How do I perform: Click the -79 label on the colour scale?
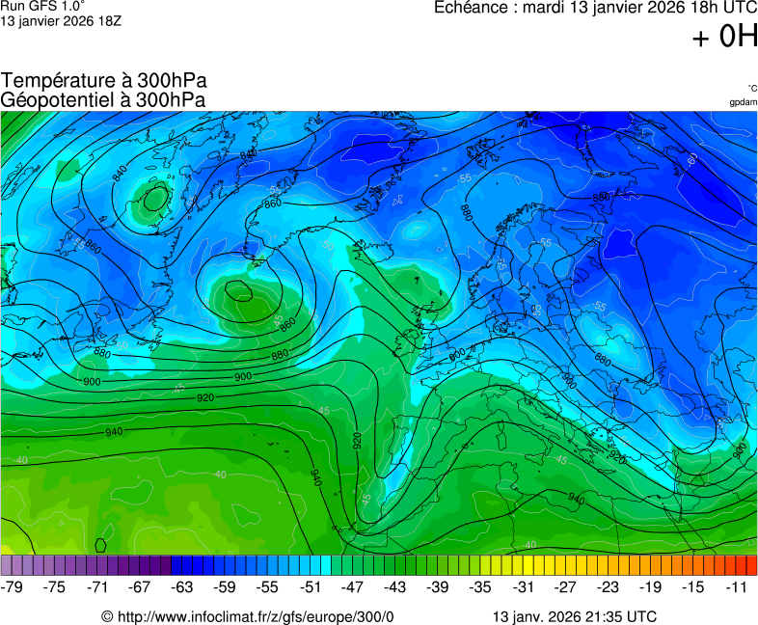[x=13, y=586]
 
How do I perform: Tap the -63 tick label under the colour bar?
[x=182, y=586]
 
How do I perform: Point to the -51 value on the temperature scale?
[x=310, y=586]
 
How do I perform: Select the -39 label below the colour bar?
[x=438, y=586]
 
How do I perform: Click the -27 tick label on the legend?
[x=565, y=586]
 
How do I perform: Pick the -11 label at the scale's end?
[x=737, y=586]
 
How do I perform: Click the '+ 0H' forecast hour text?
[x=725, y=37]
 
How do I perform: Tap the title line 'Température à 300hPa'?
[x=104, y=80]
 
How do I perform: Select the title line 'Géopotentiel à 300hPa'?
[x=103, y=98]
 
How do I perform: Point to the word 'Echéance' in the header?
[x=470, y=8]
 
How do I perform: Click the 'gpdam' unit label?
[x=743, y=102]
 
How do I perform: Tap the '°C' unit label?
[x=751, y=88]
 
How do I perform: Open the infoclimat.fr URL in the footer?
[x=256, y=616]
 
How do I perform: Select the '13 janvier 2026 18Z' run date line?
[x=54, y=22]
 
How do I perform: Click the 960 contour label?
[x=739, y=449]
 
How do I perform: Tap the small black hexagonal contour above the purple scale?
[x=101, y=545]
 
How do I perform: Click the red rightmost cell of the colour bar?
[x=751, y=565]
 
